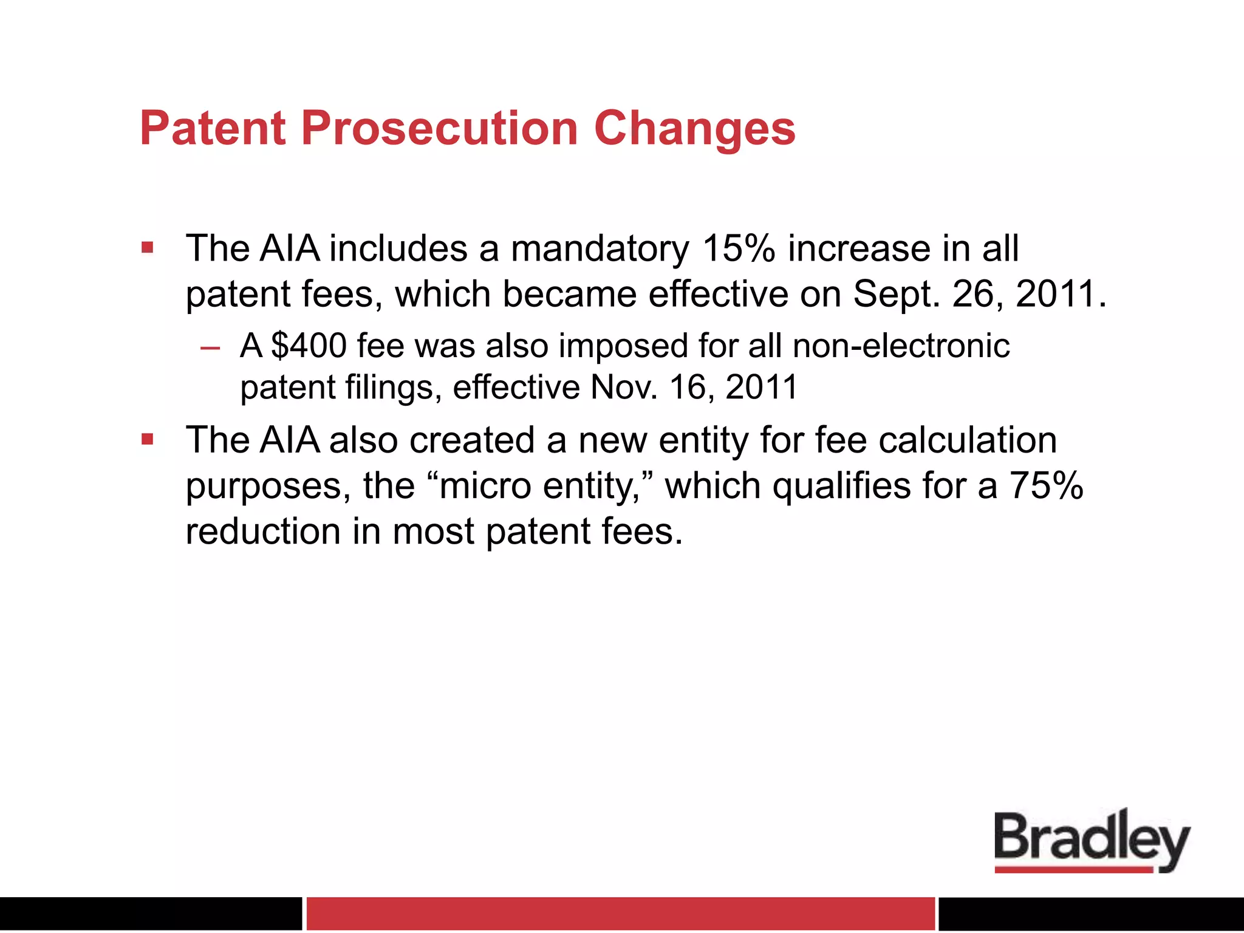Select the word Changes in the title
click(694, 129)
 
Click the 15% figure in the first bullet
click(738, 248)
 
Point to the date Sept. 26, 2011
click(978, 294)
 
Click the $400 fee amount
click(309, 346)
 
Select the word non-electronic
click(901, 346)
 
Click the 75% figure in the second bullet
click(1046, 485)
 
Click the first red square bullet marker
click(147, 247)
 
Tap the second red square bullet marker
click(147, 439)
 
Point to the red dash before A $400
click(210, 348)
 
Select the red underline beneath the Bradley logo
click(1073, 870)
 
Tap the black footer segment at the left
click(150, 913)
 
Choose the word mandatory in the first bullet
click(600, 248)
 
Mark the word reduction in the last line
click(262, 531)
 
